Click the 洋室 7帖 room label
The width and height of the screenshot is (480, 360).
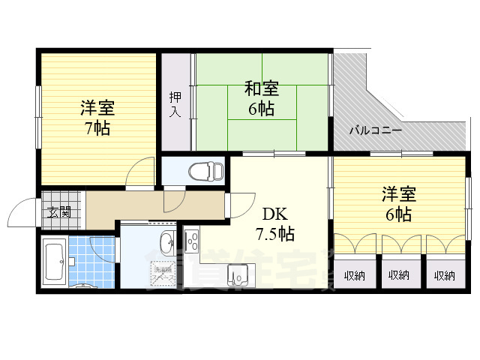coord(97,118)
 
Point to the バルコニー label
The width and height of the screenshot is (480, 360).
coord(376,130)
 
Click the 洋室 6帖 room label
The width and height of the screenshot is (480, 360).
coord(398,205)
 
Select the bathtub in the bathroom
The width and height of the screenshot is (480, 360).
coord(53,262)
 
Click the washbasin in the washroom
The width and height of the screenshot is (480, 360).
coord(166,242)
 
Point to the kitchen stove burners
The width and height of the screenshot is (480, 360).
coord(191,241)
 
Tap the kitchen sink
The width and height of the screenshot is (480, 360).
coord(238,276)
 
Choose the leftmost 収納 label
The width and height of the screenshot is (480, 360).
coord(354,275)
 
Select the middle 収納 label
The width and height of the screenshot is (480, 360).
coord(399,275)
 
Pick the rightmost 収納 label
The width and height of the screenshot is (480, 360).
coord(444,275)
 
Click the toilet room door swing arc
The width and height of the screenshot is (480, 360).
coord(174,199)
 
